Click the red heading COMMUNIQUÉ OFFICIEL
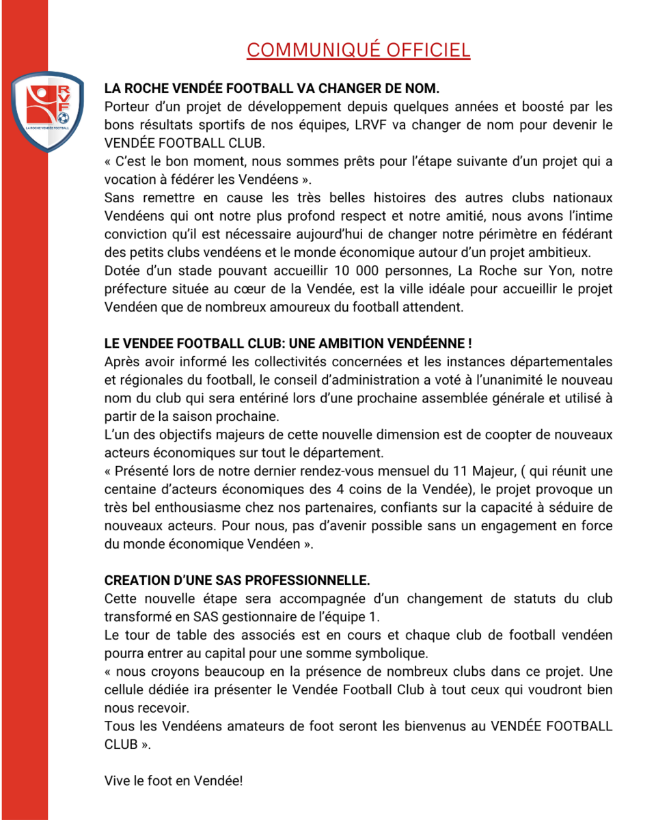358,50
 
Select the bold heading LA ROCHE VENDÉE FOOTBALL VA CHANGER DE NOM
272,89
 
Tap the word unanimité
524,380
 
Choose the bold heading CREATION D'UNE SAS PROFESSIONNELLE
236,581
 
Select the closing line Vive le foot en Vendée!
174,780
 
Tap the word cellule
126,689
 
